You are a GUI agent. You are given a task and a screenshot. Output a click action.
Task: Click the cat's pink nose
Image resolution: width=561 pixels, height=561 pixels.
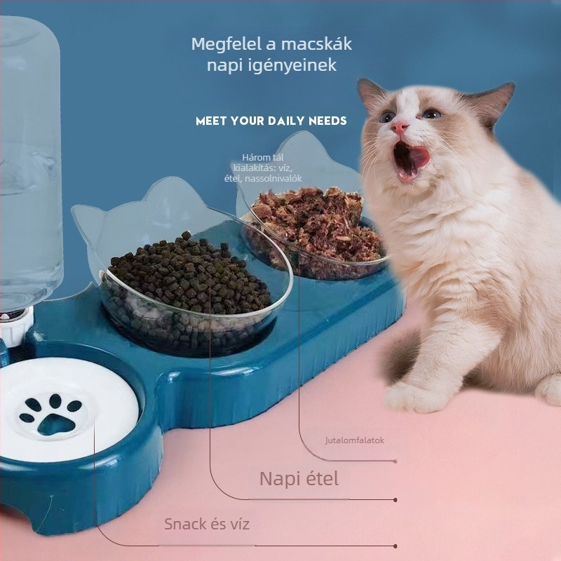(x=399, y=127)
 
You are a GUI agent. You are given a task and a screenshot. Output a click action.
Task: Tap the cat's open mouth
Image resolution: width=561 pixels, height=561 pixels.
(x=410, y=158)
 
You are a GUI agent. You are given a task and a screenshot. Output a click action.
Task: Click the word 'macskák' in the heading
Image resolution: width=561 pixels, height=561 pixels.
(x=317, y=44)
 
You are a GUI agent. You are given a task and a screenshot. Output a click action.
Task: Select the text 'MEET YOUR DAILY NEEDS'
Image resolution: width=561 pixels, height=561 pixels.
(x=271, y=121)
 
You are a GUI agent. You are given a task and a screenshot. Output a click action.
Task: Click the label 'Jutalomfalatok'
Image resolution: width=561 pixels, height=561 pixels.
(x=355, y=440)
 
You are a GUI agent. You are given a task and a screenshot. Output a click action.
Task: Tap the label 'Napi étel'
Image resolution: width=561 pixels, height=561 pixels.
(x=299, y=478)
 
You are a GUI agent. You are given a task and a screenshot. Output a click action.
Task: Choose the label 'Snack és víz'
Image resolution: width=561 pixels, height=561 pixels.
(x=207, y=524)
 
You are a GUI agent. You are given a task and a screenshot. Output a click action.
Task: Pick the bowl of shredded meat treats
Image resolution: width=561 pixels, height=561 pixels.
(x=314, y=233)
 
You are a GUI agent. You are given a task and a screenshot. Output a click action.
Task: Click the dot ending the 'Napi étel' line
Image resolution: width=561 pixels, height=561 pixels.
(x=395, y=500)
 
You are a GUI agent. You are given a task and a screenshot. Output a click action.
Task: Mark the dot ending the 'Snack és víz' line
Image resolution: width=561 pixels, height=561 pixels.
(x=395, y=546)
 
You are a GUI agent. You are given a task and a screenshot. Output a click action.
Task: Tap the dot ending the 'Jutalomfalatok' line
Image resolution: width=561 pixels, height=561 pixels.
(x=395, y=461)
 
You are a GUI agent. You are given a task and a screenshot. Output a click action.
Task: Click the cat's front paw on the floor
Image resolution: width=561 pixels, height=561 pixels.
(x=412, y=396)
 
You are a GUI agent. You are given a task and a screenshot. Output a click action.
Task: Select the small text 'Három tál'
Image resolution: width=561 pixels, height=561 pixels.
(x=263, y=157)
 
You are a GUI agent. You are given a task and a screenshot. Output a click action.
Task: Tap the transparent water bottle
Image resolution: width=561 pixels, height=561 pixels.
(x=29, y=161)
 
